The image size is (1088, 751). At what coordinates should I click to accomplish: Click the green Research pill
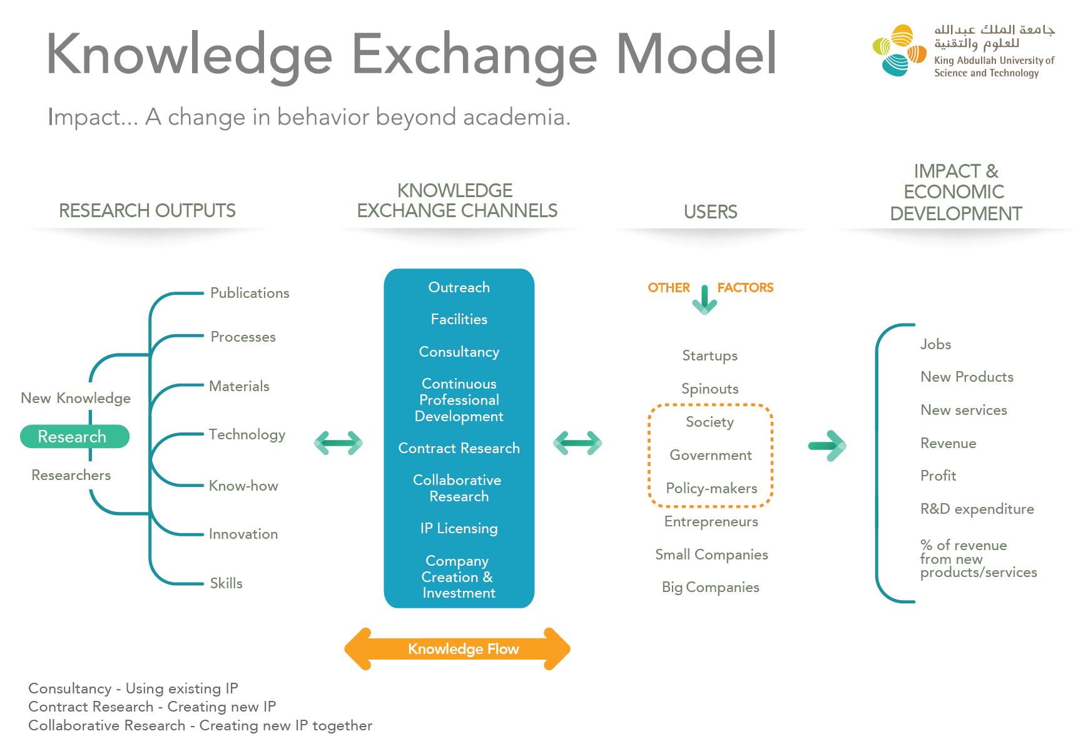coord(74,436)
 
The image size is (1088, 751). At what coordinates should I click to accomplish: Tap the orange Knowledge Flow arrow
coord(457,649)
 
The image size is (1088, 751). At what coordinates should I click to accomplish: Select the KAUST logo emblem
coord(899,51)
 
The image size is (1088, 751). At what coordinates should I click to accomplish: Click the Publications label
coord(250,293)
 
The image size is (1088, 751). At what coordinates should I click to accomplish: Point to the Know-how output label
coord(243,486)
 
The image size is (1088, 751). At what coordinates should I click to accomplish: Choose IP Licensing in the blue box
coord(459,528)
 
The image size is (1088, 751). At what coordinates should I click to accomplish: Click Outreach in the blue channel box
coord(459,287)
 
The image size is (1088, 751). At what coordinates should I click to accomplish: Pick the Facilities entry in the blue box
coord(459,319)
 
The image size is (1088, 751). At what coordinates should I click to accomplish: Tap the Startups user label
coord(709,355)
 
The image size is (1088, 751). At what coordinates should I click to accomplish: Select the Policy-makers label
coord(711,488)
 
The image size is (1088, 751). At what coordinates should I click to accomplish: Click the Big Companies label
coord(711,587)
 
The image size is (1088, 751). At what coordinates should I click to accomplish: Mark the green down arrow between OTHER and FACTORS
coord(704,299)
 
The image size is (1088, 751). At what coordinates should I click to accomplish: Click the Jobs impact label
coord(935,344)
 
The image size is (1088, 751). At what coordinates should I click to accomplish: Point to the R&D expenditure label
coord(977,509)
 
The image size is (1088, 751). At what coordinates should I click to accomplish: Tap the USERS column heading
coord(710,212)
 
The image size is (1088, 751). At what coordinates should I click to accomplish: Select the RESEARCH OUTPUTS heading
coord(147,211)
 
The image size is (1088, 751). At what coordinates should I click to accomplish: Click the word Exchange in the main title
coord(474,54)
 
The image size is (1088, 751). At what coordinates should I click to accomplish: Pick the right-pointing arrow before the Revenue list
coord(827,446)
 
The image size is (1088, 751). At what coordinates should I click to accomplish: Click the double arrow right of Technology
coord(338,443)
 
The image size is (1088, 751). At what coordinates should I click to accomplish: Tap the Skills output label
coord(226,583)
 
